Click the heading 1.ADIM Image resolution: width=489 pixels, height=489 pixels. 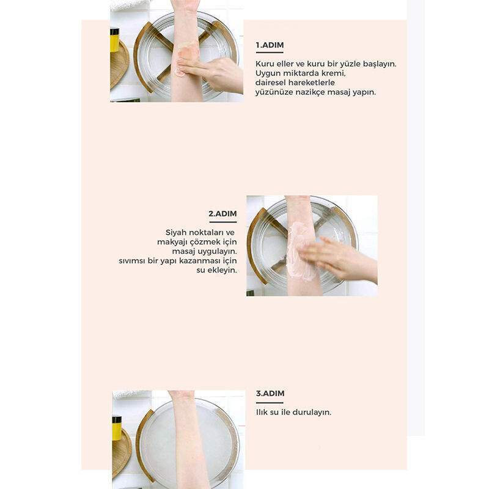270,45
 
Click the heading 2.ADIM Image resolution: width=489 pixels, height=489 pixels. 222,213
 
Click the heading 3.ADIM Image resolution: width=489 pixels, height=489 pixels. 270,393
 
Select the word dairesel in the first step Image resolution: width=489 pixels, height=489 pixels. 270,83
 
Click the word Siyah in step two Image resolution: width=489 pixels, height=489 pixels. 176,233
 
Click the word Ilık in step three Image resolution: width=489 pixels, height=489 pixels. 262,412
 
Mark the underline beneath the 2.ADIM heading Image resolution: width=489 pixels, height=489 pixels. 223,222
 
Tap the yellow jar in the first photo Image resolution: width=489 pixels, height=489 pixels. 114,40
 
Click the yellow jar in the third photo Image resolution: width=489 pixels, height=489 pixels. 117,428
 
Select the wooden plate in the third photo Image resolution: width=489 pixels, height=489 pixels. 121,453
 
